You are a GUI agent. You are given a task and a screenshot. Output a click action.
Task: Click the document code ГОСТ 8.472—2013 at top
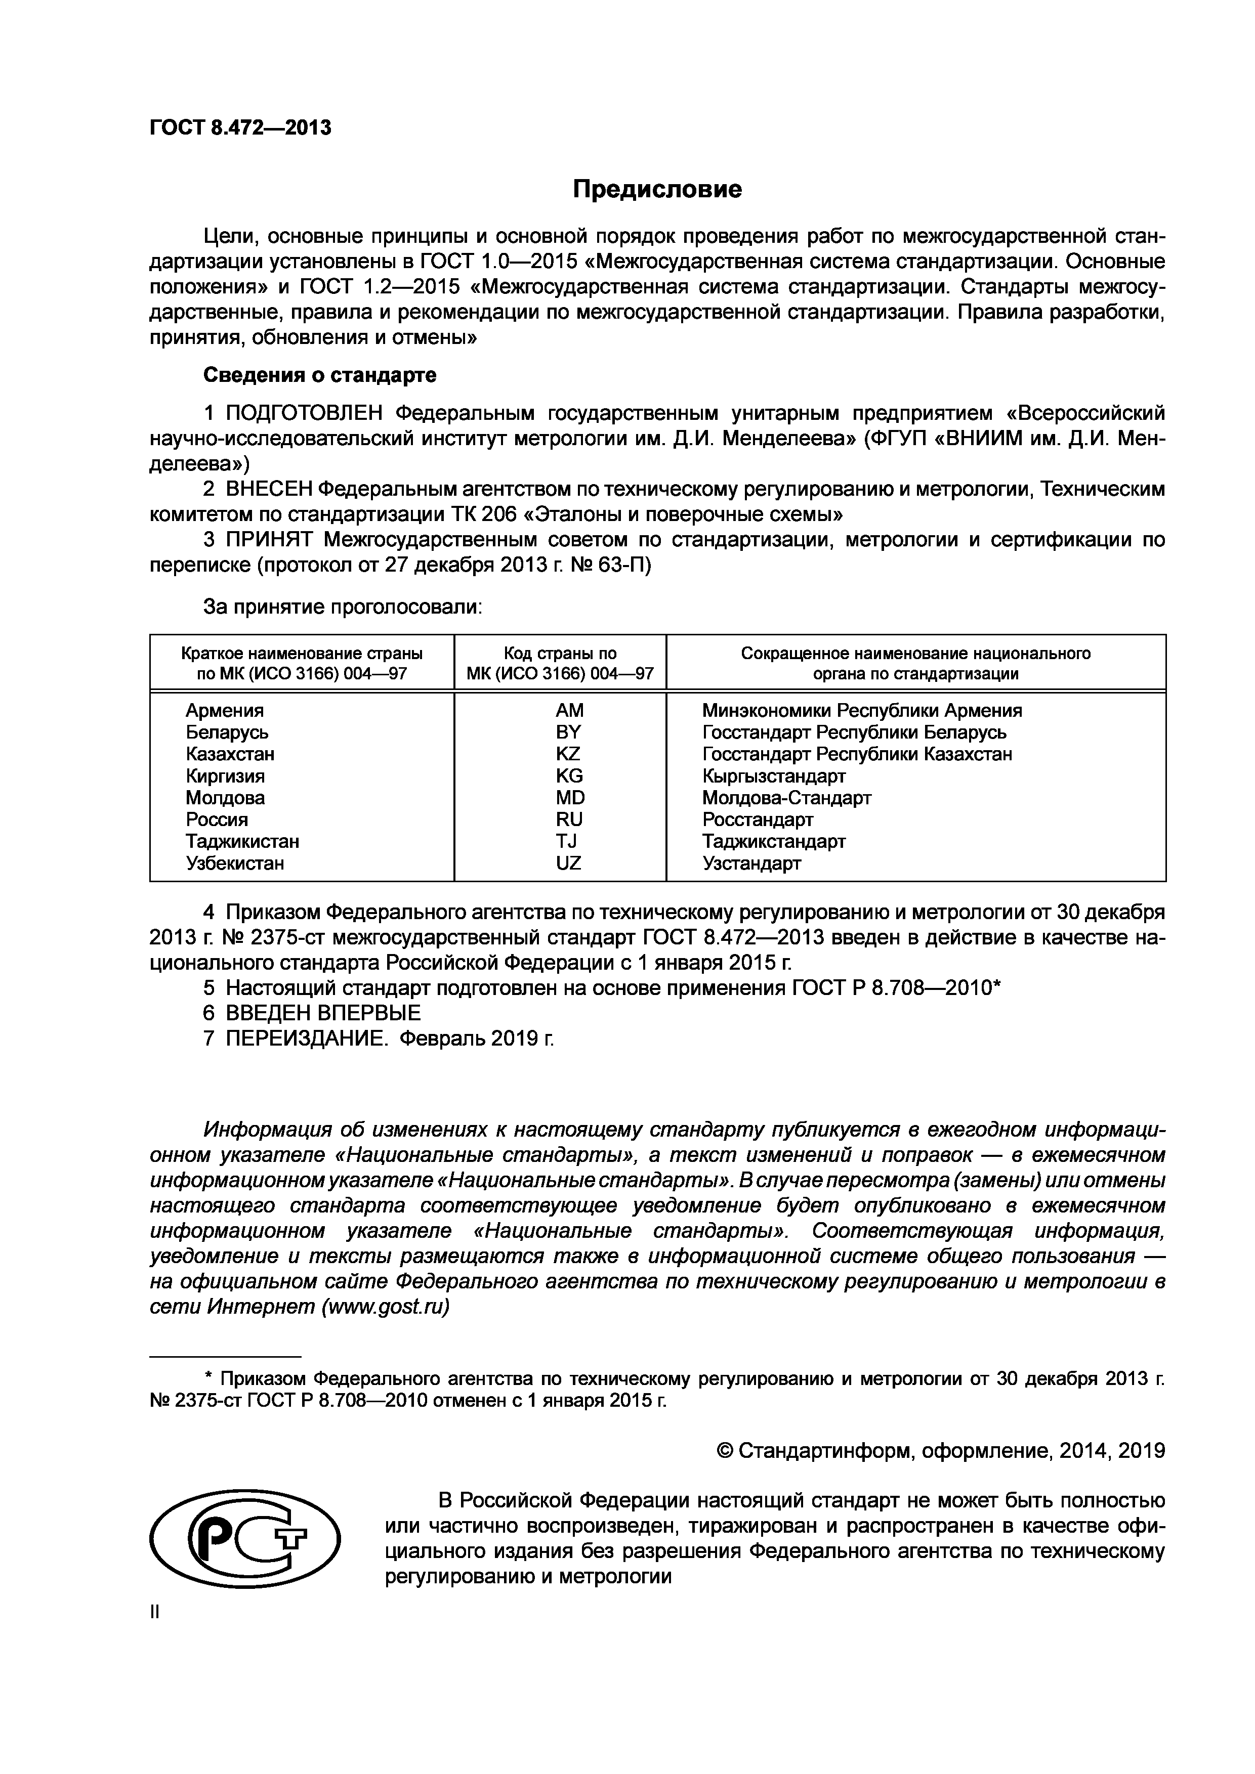(240, 127)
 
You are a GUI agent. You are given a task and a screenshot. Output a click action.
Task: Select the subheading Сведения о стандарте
(319, 375)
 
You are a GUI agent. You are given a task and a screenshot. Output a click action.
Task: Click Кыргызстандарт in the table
(774, 776)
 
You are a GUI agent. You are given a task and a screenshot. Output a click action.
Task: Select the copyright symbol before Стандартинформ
(725, 1451)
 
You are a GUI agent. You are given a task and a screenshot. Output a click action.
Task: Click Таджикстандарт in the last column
(774, 841)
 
